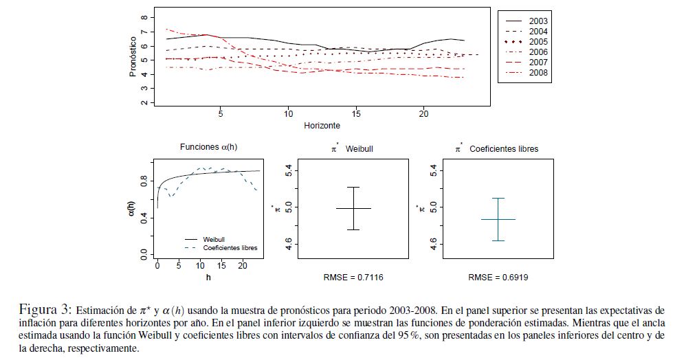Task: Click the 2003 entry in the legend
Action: tap(538, 21)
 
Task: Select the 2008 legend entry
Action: tap(538, 72)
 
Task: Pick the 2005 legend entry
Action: tap(538, 41)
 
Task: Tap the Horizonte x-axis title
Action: tap(322, 126)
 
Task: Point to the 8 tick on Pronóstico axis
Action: tap(143, 17)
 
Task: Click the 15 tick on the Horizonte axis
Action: tap(356, 113)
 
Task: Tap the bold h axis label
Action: tap(208, 277)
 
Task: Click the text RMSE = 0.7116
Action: tap(353, 278)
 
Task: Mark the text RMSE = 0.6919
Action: tap(498, 278)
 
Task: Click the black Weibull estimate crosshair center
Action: tap(353, 208)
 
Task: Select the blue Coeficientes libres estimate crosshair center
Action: tap(498, 219)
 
